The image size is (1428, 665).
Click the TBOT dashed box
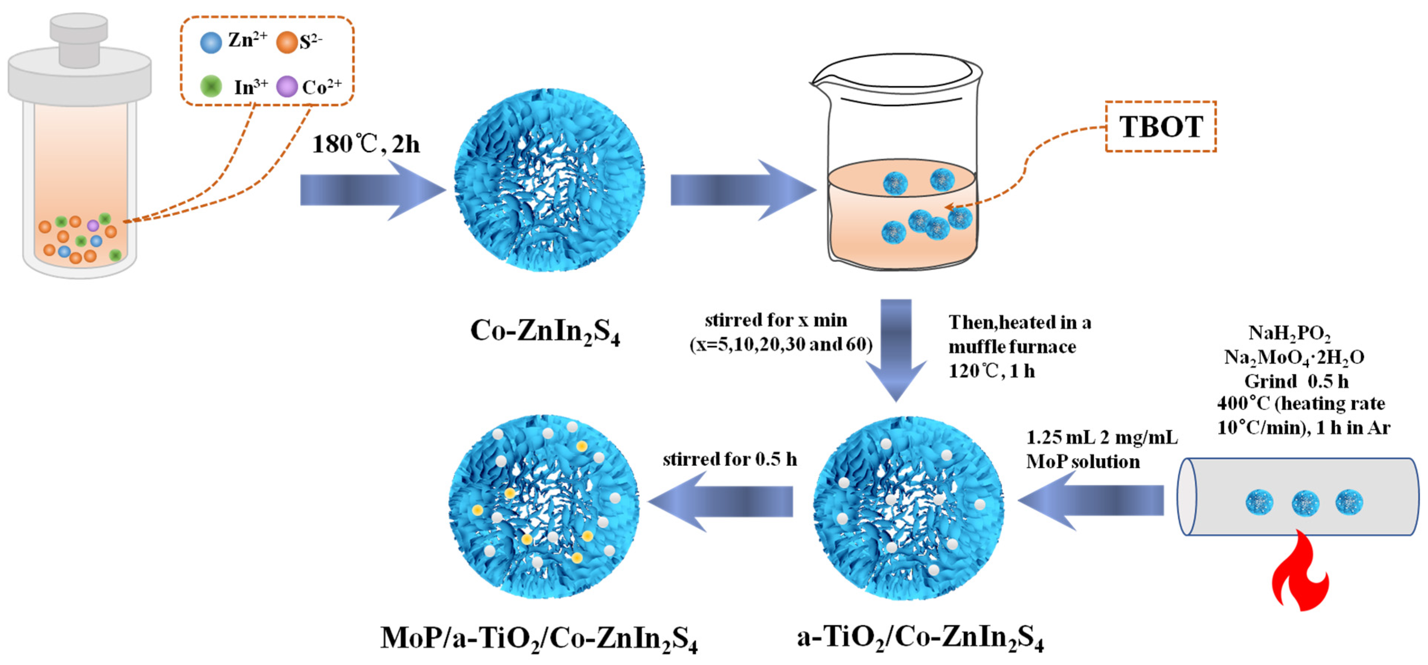coord(1160,126)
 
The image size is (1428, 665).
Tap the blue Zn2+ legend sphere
coord(210,42)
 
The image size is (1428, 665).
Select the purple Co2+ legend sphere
coord(287,87)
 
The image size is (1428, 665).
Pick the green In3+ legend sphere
coord(210,87)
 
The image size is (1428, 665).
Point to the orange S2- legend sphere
coord(287,42)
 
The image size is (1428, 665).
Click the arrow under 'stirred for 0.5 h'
coord(721,501)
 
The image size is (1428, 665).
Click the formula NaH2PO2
coord(1289,333)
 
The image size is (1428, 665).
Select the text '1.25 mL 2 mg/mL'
coord(1101,438)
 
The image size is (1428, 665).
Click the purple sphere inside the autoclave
coord(93,225)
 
